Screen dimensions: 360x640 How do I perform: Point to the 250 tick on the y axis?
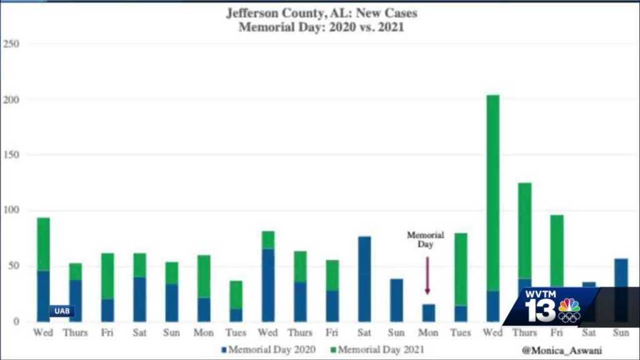[x=11, y=44]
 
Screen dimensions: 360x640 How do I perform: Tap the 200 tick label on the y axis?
[x=11, y=99]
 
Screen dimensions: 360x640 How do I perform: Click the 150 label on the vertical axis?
[x=11, y=155]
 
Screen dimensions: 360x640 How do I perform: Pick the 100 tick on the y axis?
[x=11, y=211]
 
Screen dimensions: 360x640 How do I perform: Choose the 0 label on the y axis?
[x=16, y=321]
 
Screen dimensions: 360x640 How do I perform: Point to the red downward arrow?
[x=427, y=275]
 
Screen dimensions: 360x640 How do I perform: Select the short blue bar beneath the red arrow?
[x=427, y=312]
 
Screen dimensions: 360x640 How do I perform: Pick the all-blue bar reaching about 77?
[x=364, y=279]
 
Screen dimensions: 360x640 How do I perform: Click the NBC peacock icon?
[x=569, y=309]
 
